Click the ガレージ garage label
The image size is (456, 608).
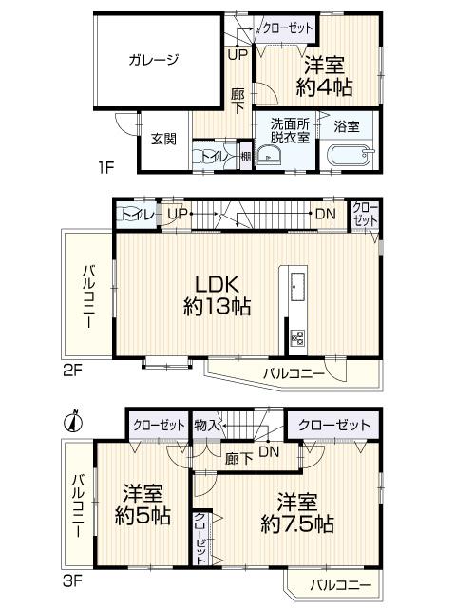153,59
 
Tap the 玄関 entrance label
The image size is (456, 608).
163,139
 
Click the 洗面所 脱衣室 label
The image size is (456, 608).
290,131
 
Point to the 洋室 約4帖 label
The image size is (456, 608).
324,77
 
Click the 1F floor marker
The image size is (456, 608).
105,170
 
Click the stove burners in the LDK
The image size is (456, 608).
296,339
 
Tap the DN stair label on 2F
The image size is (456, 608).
325,213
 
